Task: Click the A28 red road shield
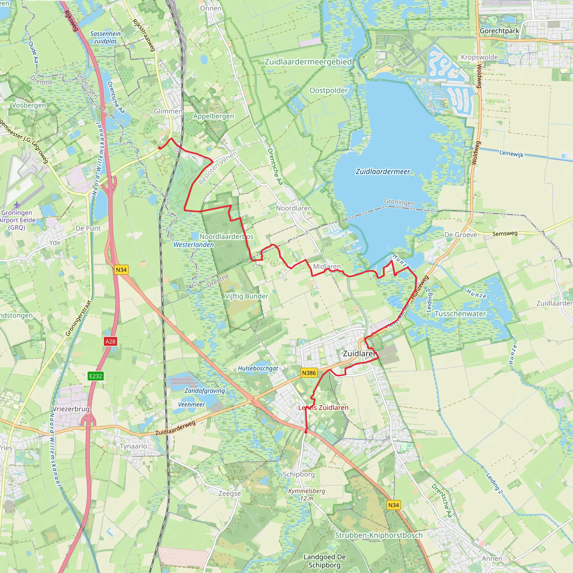click(x=110, y=341)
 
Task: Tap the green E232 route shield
click(x=95, y=376)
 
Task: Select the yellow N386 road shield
click(x=309, y=373)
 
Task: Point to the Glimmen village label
click(x=168, y=111)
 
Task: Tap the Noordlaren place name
click(x=293, y=208)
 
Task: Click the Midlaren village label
click(x=327, y=266)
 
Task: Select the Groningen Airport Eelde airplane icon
click(x=17, y=205)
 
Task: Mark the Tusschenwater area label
click(x=460, y=314)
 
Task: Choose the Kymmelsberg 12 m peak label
click(x=307, y=494)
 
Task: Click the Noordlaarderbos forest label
click(x=226, y=237)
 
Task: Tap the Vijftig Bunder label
click(x=246, y=296)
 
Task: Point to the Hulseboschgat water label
click(x=258, y=368)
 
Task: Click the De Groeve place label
click(x=460, y=235)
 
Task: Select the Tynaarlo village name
click(x=133, y=446)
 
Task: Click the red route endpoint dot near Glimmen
click(x=159, y=148)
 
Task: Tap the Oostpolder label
click(x=328, y=90)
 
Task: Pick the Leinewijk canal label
click(x=511, y=154)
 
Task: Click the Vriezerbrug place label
click(x=71, y=409)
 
